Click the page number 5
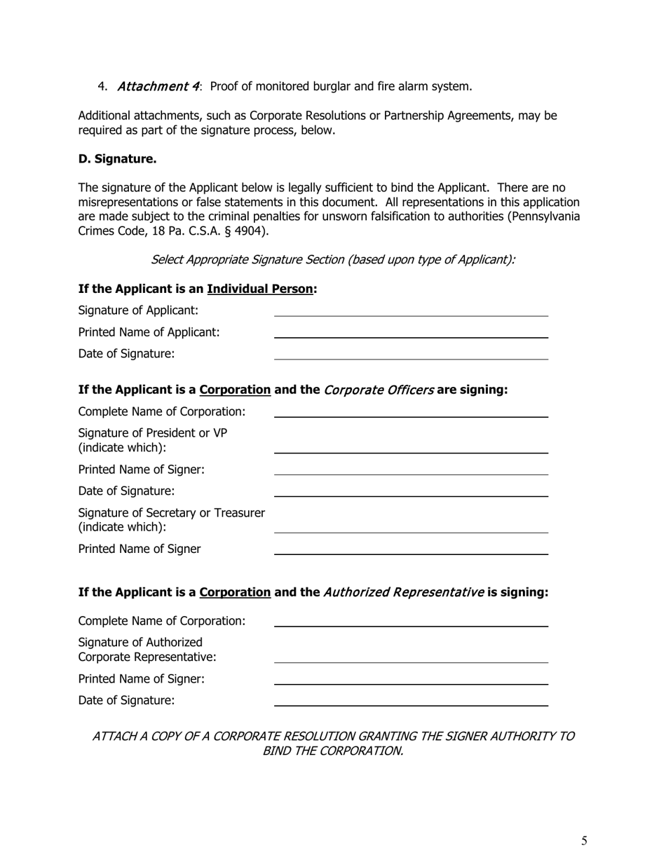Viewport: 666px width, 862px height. pos(584,841)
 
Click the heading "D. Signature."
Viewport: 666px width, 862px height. pos(117,159)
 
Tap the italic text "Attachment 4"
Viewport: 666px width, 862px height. pos(158,86)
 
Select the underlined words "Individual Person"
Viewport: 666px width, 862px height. pos(260,289)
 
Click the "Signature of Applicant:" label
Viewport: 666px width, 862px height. pos(138,310)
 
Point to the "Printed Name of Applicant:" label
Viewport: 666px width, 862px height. pos(149,331)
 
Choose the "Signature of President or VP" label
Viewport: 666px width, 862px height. pos(153,433)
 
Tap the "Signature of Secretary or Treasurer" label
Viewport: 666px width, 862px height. pos(171,513)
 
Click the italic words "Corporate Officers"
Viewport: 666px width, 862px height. pos(379,390)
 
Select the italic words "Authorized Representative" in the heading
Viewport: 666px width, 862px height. pos(403,592)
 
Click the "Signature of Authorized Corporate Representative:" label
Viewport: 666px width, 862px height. pos(147,650)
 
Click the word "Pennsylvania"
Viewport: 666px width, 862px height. pos(545,216)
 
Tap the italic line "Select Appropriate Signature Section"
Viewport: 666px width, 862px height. pos(333,259)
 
